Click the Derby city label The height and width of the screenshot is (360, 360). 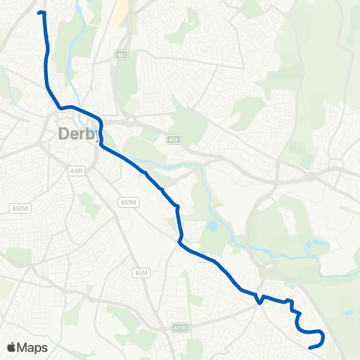[79, 134]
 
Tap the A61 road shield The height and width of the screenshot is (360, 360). [121, 55]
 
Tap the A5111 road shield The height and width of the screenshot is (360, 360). [178, 328]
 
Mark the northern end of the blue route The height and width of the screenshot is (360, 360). [39, 13]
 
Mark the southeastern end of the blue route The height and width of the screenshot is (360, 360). [310, 347]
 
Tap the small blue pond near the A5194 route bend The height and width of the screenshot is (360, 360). [213, 225]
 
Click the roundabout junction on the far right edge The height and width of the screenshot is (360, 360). [310, 177]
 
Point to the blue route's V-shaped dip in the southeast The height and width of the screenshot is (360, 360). [259, 302]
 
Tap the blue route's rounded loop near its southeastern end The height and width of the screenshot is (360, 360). [319, 337]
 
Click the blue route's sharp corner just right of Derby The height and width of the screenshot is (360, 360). [101, 120]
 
